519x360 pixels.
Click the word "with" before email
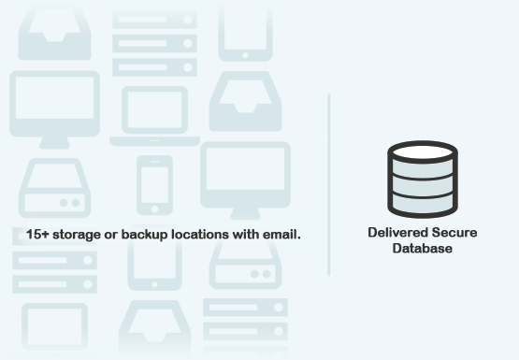pyautogui.click(x=253, y=234)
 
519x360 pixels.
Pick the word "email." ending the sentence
pyautogui.click(x=285, y=234)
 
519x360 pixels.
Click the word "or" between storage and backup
pyautogui.click(x=114, y=234)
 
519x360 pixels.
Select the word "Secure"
pyautogui.click(x=453, y=233)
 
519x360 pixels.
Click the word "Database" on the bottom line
pyautogui.click(x=422, y=249)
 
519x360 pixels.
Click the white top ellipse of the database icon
pyautogui.click(x=422, y=154)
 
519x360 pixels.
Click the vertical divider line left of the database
pyautogui.click(x=329, y=183)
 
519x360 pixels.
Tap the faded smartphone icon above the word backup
pyautogui.click(x=154, y=183)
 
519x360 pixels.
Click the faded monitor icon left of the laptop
pyautogui.click(x=54, y=105)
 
